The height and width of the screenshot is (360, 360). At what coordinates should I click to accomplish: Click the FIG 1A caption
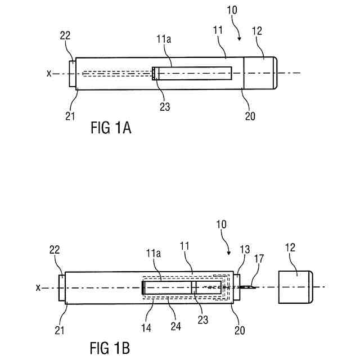(111, 128)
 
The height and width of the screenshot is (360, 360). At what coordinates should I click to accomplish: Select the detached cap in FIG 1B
(296, 287)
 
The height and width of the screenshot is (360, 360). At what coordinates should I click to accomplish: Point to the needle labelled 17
(248, 287)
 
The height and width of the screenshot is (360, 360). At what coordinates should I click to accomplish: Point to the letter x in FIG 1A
(49, 73)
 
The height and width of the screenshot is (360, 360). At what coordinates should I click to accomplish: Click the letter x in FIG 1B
(38, 287)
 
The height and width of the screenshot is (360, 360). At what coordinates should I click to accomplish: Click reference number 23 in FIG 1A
(164, 106)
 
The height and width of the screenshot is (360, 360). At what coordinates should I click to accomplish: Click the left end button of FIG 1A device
(71, 73)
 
